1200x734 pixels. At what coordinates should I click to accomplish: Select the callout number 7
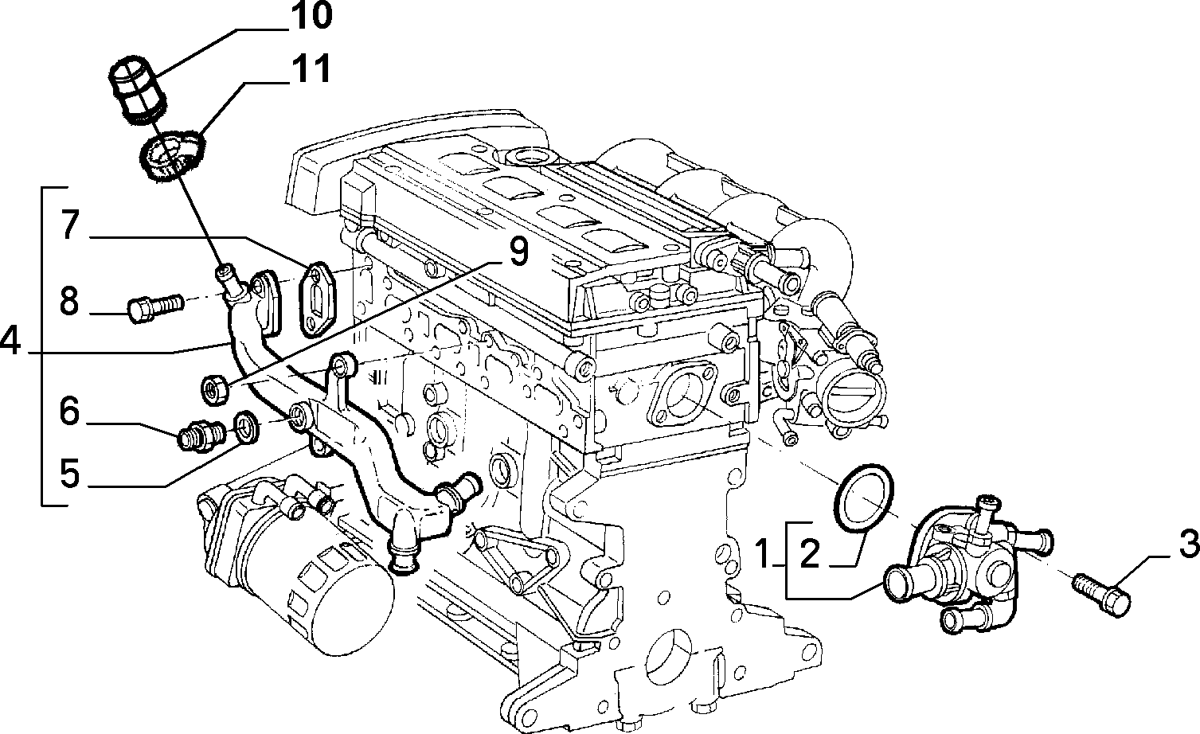point(70,224)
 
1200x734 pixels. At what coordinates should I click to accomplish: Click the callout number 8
point(69,301)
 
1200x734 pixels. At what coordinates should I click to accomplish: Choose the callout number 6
point(69,411)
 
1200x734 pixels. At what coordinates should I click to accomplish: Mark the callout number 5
point(69,473)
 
